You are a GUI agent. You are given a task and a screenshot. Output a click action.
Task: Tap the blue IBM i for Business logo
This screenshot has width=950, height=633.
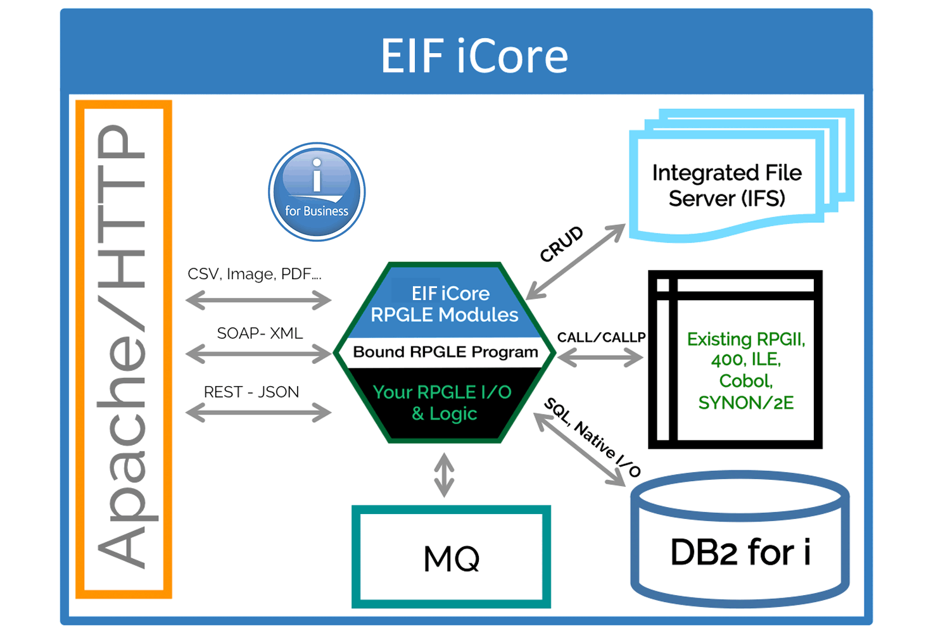317,191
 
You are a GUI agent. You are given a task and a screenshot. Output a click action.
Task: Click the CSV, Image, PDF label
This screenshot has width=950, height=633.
255,274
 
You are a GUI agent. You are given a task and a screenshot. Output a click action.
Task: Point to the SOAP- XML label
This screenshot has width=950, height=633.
260,333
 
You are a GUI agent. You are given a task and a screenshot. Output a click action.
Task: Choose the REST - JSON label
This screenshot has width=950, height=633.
251,392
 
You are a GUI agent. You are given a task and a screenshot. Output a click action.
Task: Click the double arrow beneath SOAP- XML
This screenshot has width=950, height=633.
258,353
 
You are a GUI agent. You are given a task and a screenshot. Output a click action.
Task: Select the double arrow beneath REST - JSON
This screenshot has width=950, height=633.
258,413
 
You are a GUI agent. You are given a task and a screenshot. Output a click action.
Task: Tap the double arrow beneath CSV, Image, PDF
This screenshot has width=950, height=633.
258,299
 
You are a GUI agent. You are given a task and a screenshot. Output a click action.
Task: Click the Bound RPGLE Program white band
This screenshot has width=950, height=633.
445,352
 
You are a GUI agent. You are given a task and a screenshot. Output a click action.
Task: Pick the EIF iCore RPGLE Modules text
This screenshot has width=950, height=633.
445,304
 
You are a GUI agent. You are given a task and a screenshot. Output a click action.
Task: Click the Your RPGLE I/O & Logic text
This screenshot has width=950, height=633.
443,403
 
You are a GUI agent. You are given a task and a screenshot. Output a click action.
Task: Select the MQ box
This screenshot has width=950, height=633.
451,557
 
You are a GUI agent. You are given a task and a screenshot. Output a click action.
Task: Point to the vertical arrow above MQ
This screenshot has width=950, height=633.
444,475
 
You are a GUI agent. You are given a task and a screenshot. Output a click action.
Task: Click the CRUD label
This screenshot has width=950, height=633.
561,244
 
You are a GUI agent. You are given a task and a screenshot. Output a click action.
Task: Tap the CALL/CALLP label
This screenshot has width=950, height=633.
601,337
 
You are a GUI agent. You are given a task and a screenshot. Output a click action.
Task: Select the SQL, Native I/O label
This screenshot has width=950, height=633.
593,437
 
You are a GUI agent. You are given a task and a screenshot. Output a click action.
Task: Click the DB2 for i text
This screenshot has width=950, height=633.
740,552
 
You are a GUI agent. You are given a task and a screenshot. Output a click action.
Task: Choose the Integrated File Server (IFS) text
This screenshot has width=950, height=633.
727,185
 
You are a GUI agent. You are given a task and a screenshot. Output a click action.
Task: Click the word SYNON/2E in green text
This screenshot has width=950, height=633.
745,403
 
